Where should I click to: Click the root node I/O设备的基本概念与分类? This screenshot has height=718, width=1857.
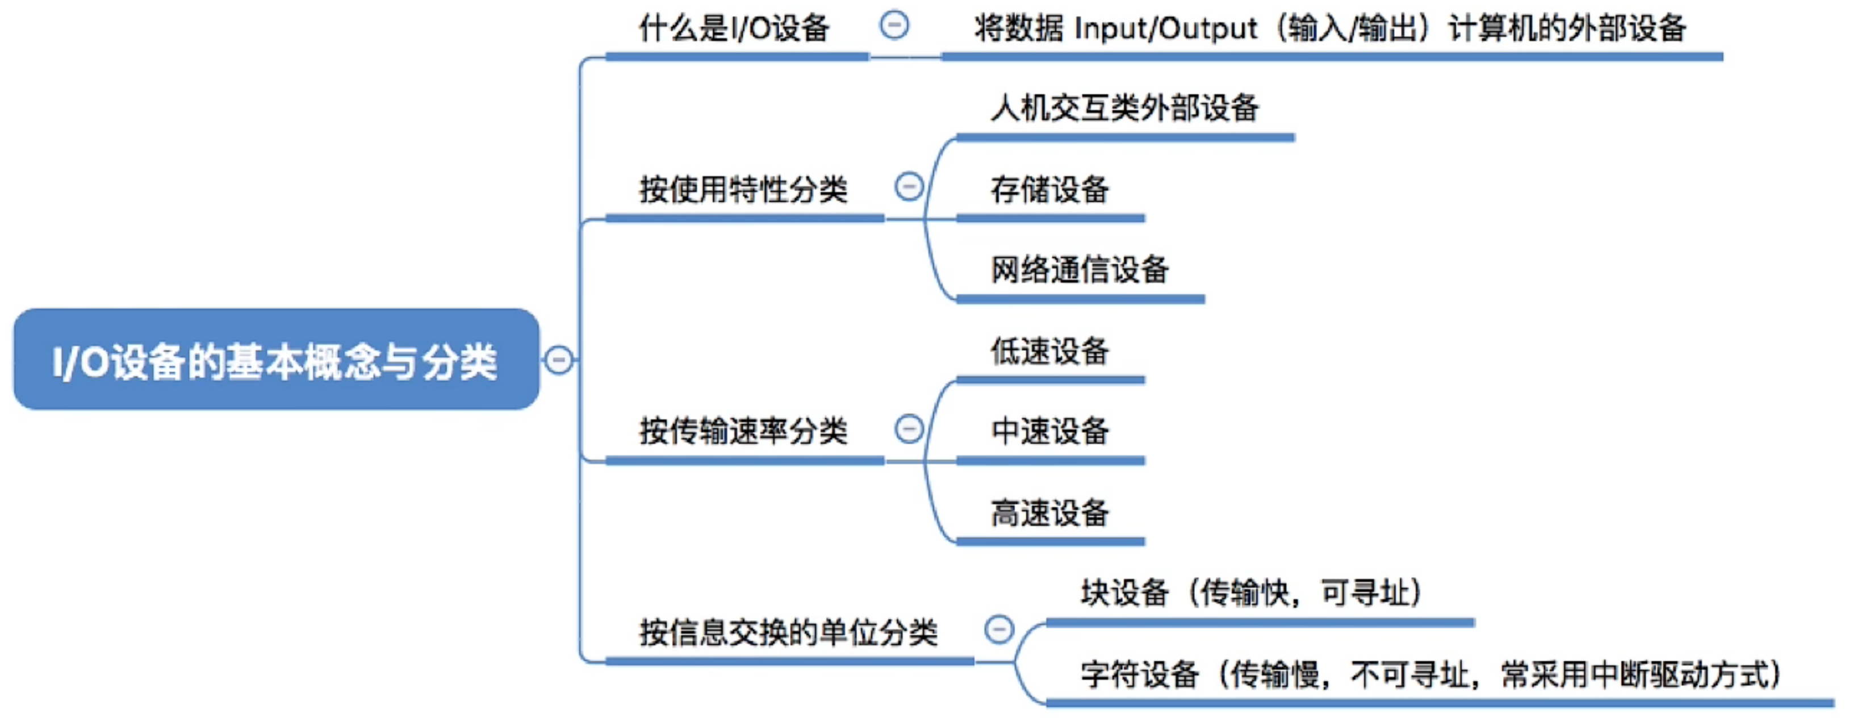coord(276,359)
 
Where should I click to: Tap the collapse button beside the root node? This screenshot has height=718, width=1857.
coord(559,359)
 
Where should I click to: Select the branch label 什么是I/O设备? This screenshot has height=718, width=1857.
coord(734,28)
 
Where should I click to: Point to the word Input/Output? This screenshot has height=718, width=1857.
coord(1166,29)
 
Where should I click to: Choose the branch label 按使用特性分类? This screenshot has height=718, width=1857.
coord(743,190)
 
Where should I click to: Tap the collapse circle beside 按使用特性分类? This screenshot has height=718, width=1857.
coord(909,187)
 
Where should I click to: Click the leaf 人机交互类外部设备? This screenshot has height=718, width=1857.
coord(1124,108)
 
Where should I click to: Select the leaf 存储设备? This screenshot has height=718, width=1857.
coord(1049,190)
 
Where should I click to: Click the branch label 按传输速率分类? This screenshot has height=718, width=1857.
coord(743,431)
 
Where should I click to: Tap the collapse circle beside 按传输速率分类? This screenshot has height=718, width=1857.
coord(909,429)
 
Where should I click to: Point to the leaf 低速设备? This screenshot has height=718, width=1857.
coord(1049,351)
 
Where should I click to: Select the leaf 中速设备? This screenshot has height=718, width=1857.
coord(1049,431)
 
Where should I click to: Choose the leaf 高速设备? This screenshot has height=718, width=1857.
coord(1049,512)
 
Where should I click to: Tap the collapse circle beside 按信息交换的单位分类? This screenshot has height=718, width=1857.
coord(999,629)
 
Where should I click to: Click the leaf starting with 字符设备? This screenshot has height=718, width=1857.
coord(1432,675)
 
